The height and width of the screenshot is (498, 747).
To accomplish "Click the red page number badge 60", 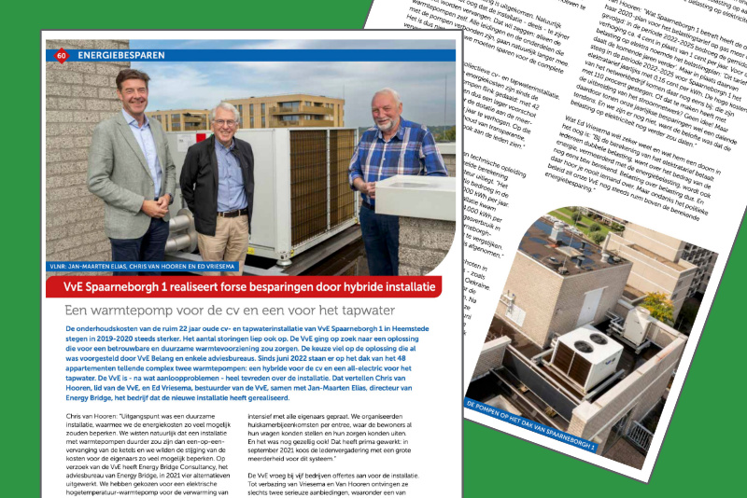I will pyautogui.click(x=61, y=55).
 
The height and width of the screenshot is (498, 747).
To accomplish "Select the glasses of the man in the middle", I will pyautogui.click(x=225, y=118).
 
